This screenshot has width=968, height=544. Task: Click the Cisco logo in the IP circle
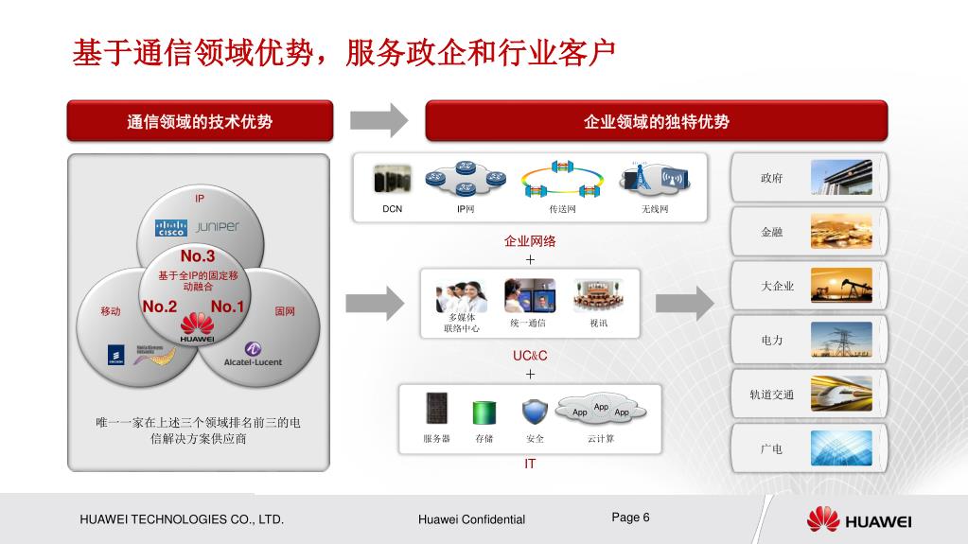point(171,229)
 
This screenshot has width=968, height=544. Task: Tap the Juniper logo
point(218,227)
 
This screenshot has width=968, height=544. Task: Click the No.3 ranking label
point(198,256)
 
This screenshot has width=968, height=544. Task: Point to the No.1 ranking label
point(227,307)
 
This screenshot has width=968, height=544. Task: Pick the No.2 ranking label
point(160,307)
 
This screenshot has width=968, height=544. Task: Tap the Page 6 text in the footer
point(631,518)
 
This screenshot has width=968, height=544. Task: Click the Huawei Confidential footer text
point(471,519)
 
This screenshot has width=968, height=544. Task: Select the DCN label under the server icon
point(392,209)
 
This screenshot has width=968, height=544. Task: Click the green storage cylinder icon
point(484,412)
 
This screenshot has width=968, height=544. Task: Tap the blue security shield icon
point(535,412)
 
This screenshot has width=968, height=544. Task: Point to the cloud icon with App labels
point(601,410)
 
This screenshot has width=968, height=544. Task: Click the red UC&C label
point(530,356)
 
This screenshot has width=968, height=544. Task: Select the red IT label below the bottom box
point(530,464)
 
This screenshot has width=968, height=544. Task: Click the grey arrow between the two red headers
point(378,120)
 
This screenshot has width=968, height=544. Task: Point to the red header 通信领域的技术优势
point(200,121)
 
